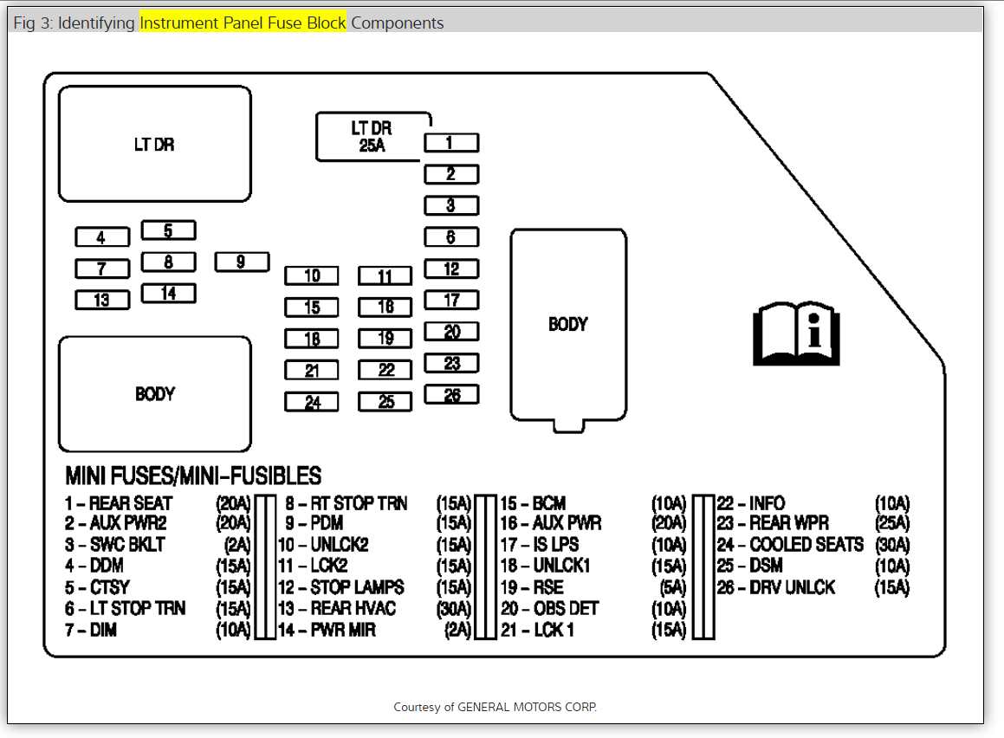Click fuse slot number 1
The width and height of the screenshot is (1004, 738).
point(450,143)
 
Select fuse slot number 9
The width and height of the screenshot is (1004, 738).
point(242,262)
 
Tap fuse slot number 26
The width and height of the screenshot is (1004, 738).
point(451,395)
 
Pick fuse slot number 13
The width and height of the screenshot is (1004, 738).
point(102,300)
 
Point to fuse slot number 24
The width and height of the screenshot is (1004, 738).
point(312,402)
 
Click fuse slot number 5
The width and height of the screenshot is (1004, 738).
point(168,230)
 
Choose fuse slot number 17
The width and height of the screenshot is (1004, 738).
point(451,301)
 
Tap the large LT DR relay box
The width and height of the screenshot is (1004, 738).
point(154,144)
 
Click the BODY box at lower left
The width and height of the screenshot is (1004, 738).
point(154,394)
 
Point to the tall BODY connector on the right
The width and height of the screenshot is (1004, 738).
point(568,325)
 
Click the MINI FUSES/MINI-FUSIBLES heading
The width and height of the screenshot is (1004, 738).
point(193,476)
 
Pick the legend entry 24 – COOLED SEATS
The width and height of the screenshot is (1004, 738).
point(790,545)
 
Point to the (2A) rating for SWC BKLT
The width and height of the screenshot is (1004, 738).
point(236,545)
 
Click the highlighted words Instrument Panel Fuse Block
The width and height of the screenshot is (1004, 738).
point(243,23)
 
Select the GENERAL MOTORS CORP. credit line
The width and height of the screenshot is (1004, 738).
point(495,707)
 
